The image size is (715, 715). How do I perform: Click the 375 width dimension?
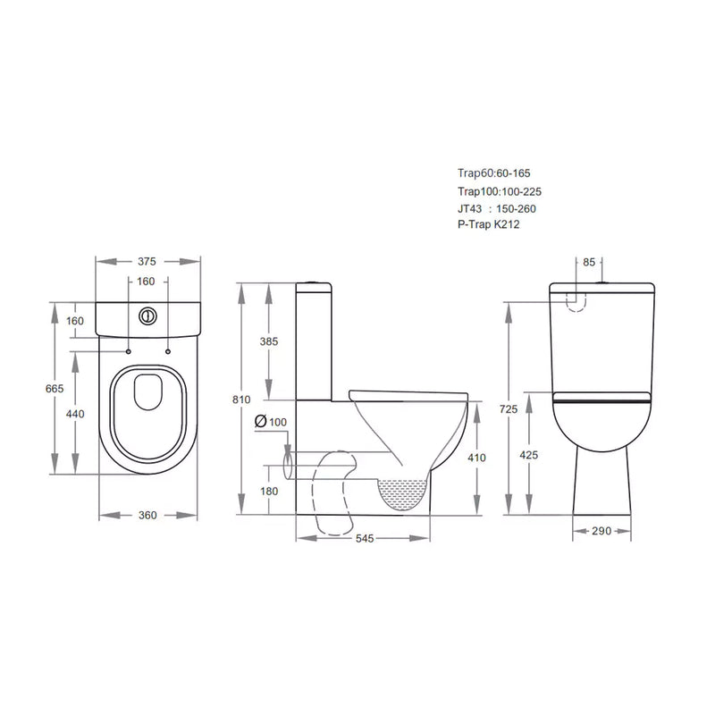click(147, 262)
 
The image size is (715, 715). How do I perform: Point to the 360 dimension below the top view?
click(147, 515)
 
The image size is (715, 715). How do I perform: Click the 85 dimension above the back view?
click(588, 262)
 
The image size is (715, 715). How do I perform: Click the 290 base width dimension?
click(601, 531)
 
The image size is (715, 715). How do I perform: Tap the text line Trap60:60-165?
click(500, 174)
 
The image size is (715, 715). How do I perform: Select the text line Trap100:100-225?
click(505, 191)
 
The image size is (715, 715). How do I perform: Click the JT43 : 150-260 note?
click(496, 208)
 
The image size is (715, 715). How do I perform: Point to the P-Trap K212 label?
click(488, 225)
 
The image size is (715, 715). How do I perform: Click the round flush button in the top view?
click(148, 315)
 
